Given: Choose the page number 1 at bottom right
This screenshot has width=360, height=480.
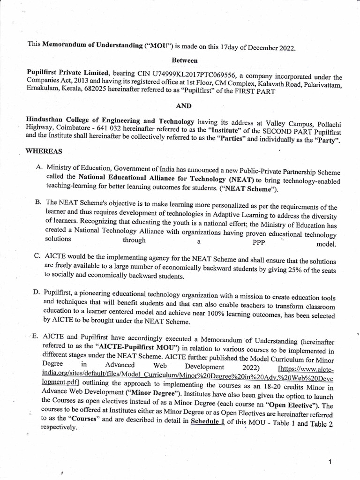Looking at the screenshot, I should pyautogui.click(x=330, y=449).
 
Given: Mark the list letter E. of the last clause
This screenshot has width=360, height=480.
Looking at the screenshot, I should pyautogui.click(x=36, y=337).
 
